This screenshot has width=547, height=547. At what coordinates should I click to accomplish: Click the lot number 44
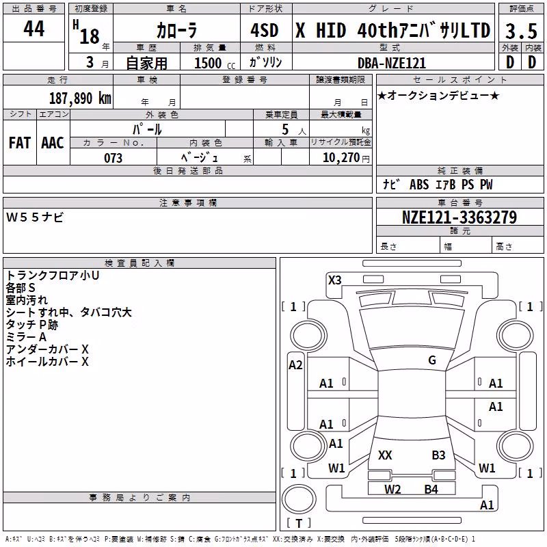point(34,28)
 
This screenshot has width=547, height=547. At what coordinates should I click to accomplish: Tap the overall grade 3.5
point(521,31)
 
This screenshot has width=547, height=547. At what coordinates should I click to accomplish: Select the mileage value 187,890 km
point(80,98)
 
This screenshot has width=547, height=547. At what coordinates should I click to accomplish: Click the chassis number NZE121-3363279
point(459,217)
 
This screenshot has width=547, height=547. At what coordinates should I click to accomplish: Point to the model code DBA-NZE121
point(392,63)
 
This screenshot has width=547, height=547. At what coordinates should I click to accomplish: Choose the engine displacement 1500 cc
point(215,63)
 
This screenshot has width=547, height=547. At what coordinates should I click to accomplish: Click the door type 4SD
point(265,30)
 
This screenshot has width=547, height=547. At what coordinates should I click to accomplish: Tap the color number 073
point(113,158)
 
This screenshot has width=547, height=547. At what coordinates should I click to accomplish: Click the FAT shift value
point(20,143)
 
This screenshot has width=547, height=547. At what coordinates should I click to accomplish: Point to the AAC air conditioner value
point(53,143)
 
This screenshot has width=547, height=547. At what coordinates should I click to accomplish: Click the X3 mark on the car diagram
point(334,280)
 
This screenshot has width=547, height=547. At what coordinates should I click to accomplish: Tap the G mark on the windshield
point(432,360)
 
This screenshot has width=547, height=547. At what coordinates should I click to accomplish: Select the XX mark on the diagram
point(385,455)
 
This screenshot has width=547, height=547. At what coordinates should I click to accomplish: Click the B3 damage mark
point(438,455)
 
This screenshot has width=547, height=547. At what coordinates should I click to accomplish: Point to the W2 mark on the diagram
point(392,490)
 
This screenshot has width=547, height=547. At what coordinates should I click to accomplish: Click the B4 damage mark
point(431,490)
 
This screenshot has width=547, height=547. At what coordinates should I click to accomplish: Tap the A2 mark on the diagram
point(295,365)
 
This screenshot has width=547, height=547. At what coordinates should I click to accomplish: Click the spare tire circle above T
point(299,499)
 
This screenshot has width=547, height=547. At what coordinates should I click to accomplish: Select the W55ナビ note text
point(35,217)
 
